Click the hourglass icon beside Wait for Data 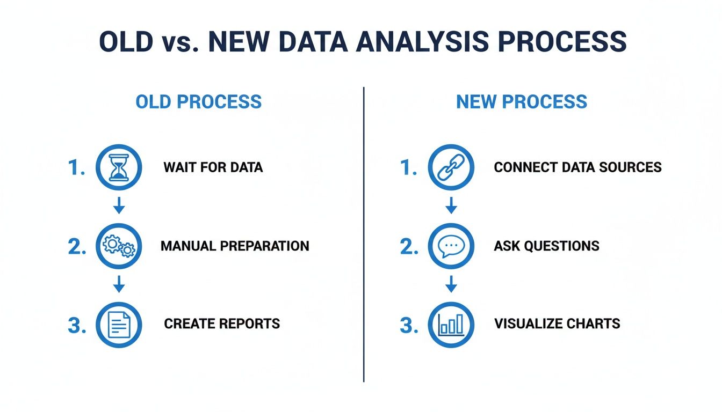point(118,167)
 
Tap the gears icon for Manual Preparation point(118,246)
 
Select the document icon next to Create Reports point(118,325)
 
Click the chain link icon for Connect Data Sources point(451,167)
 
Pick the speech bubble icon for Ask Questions point(451,246)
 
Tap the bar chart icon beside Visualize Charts point(451,325)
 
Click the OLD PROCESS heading point(199,102)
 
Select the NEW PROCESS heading point(522,102)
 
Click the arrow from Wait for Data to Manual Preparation point(119,205)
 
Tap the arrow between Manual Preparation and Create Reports point(119,284)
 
